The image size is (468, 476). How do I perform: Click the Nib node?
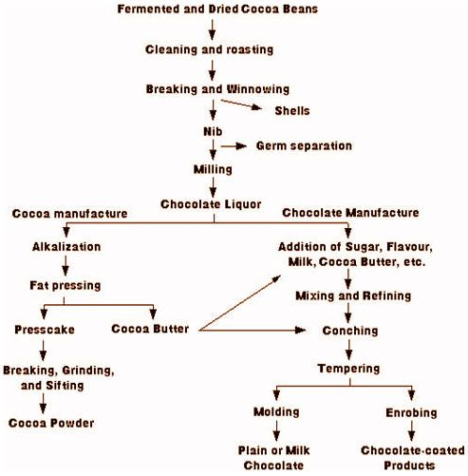[x=214, y=126]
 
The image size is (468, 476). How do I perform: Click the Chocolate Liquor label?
[x=214, y=203]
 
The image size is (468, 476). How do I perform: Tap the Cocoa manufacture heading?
[x=70, y=215]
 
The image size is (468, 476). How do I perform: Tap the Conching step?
[x=350, y=331]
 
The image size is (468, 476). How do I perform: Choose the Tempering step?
[x=350, y=369]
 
